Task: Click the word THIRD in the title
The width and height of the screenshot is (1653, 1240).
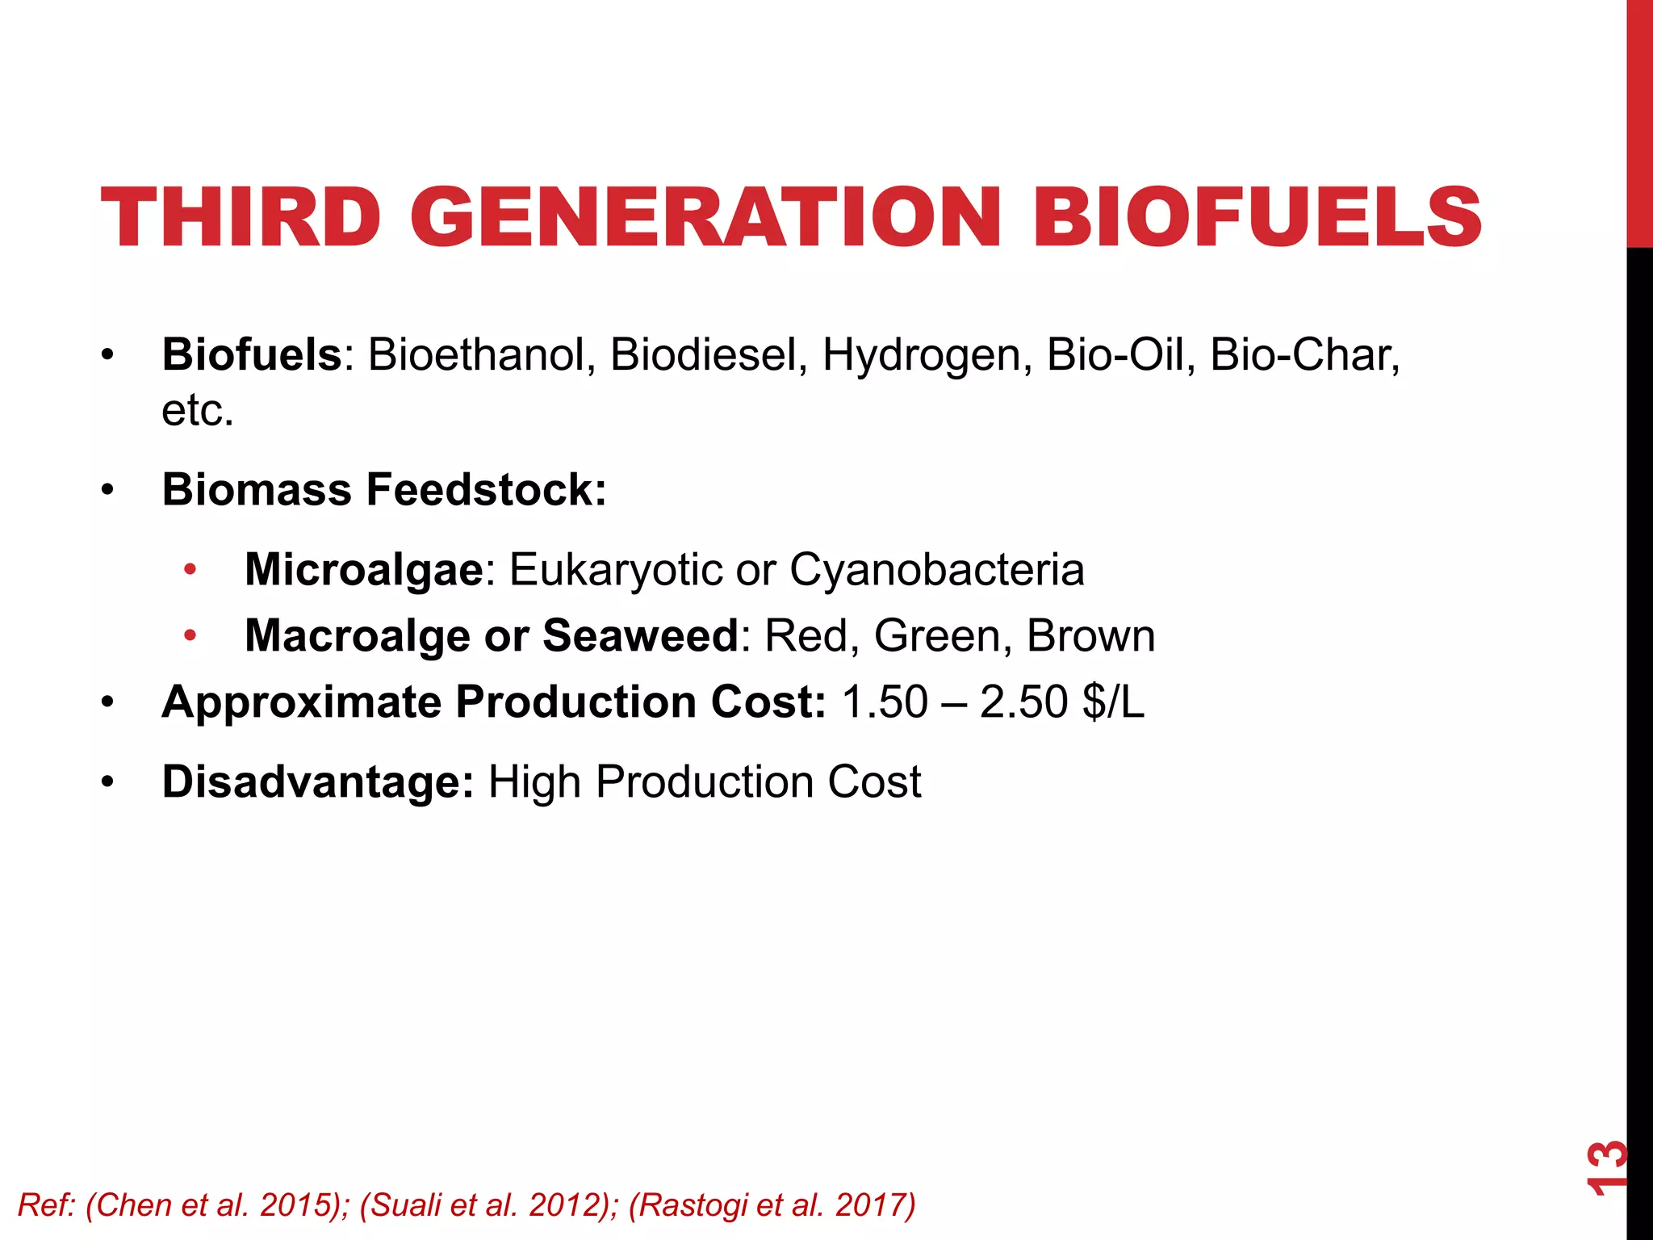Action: point(241,217)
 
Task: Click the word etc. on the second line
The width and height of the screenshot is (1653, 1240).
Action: point(198,410)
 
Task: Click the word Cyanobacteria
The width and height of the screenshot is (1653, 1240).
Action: point(937,569)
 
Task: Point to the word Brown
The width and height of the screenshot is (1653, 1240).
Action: point(1091,635)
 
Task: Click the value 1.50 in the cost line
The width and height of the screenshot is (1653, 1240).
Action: point(885,702)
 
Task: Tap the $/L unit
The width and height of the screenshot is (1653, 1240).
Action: point(1114,702)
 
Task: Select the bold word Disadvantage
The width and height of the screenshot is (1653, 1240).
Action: point(317,781)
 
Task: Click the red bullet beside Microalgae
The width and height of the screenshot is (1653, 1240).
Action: point(190,570)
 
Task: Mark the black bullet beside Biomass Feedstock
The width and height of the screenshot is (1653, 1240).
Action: point(108,490)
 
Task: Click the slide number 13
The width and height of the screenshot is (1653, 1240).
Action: point(1606,1167)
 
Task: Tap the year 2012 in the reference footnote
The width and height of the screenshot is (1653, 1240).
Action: point(564,1204)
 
